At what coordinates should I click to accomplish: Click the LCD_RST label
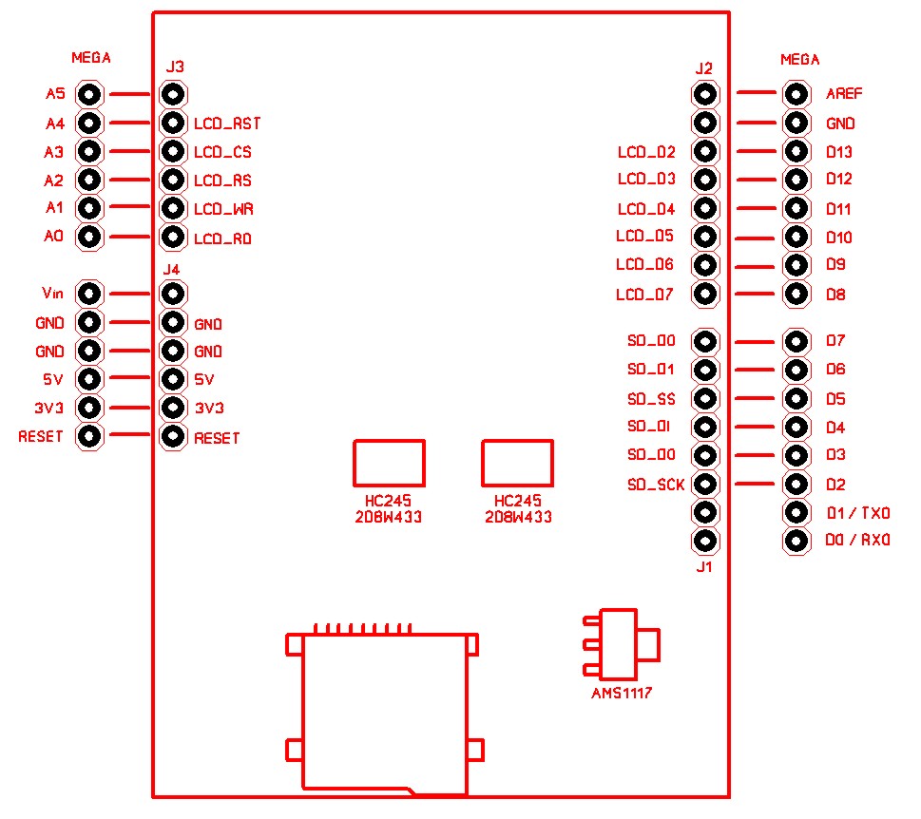click(x=227, y=124)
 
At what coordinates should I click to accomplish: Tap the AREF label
click(x=845, y=94)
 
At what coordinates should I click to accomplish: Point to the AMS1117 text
click(x=622, y=694)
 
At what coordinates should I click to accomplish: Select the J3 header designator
click(x=175, y=67)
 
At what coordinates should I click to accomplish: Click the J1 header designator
click(x=704, y=568)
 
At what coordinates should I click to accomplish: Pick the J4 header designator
click(x=172, y=269)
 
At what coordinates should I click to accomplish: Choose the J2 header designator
click(x=704, y=68)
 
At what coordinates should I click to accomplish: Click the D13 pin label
click(x=839, y=152)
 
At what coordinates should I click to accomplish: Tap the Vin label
click(x=52, y=294)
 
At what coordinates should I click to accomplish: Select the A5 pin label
click(x=55, y=94)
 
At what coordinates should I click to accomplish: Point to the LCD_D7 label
click(x=644, y=295)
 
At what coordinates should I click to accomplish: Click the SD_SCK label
click(x=656, y=485)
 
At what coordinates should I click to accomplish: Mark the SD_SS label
click(x=651, y=399)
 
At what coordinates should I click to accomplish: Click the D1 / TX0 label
click(x=858, y=514)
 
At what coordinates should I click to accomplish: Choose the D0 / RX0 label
click(x=858, y=543)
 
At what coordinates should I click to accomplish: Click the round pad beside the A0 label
click(x=88, y=237)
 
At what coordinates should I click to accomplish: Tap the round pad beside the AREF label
click(x=796, y=94)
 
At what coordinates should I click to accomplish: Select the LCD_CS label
click(x=222, y=152)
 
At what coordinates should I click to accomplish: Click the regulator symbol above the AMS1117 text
click(x=623, y=644)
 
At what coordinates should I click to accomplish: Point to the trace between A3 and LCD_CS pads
click(x=130, y=151)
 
